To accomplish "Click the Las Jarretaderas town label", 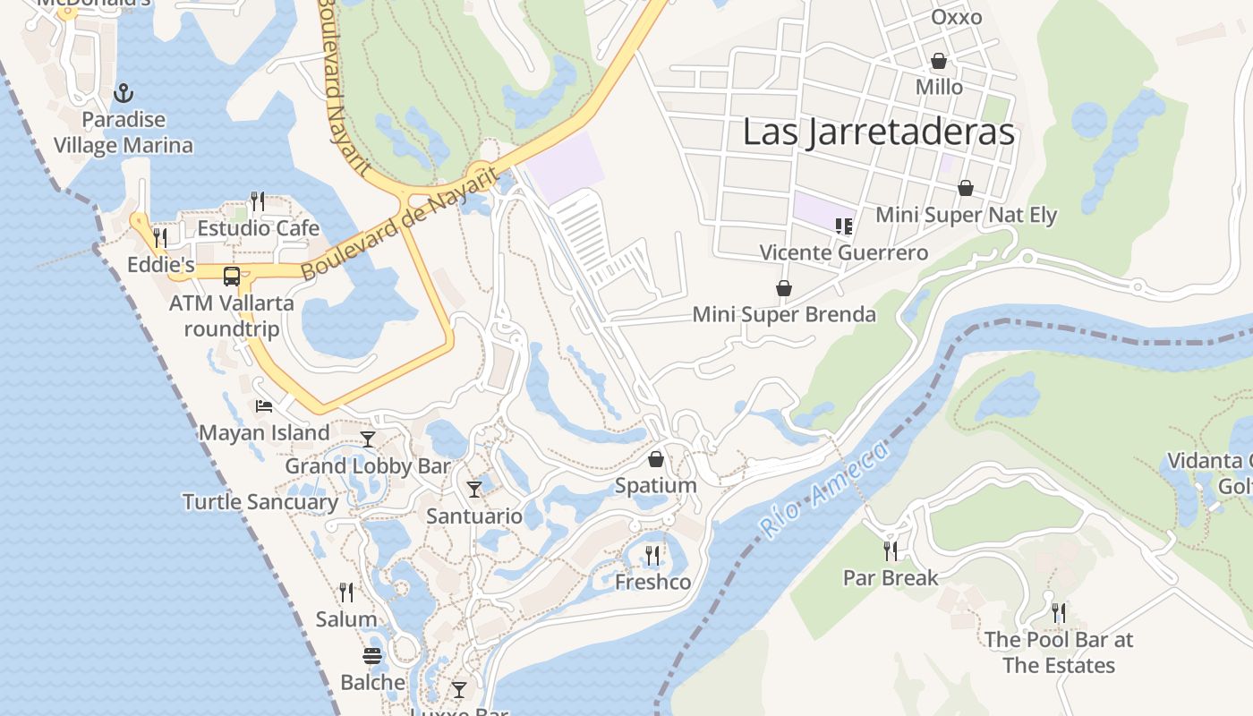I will tap(879, 132).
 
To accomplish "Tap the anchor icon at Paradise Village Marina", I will tap(124, 93).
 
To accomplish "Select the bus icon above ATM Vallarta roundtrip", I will tap(232, 277).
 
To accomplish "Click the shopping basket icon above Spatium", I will tap(656, 459).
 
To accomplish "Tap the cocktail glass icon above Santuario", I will tap(474, 490).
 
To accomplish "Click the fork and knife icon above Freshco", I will tap(652, 556).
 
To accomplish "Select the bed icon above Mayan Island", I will tap(264, 406).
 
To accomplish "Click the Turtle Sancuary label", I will tap(260, 502).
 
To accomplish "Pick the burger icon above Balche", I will tap(372, 656).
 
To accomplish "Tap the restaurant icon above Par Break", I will tap(891, 550).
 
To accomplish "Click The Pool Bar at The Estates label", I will tap(1059, 652).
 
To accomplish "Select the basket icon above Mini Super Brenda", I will tap(784, 288).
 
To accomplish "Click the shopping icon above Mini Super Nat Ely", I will tap(966, 188).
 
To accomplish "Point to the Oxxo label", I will tap(956, 17).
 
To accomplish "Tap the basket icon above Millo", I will tap(939, 61).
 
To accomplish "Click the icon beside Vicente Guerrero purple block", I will tap(843, 226).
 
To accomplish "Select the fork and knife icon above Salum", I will tap(346, 592).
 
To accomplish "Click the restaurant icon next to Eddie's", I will tap(160, 238).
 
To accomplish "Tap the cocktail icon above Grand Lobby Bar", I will tap(368, 439).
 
